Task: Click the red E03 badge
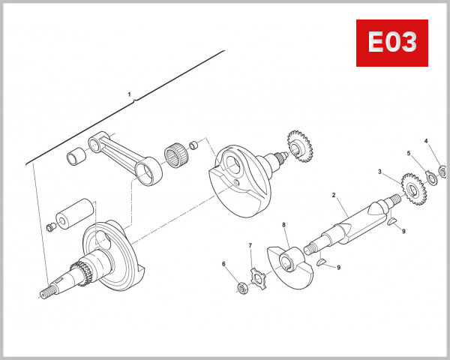(x=391, y=43)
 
